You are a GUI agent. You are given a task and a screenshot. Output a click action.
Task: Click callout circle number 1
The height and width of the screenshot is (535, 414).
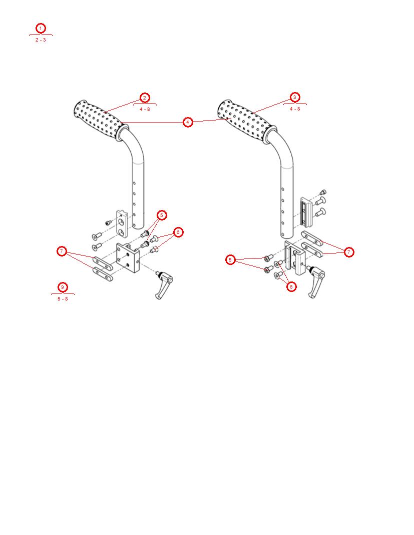[41, 28]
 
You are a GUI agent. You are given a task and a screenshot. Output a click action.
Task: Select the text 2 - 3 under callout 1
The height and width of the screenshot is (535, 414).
[41, 40]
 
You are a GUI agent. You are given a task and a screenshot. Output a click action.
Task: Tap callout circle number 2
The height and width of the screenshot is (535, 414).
[144, 97]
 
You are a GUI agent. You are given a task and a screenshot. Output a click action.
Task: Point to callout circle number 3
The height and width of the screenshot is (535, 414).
[295, 97]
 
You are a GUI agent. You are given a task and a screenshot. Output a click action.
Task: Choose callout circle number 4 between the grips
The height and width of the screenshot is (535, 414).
[187, 122]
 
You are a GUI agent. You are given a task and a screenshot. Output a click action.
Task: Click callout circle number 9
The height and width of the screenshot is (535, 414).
[62, 287]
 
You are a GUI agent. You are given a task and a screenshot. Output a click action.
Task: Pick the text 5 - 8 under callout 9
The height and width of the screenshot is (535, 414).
[63, 299]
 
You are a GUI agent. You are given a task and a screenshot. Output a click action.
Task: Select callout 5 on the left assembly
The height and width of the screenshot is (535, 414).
[161, 215]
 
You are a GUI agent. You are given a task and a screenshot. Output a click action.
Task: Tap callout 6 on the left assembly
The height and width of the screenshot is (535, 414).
[178, 232]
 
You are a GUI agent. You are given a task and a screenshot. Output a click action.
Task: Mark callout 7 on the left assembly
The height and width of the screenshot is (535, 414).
[62, 251]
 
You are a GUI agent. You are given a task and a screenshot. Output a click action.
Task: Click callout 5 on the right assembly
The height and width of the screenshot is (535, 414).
[230, 259]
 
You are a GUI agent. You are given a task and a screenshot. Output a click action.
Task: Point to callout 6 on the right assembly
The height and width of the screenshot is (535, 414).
[291, 286]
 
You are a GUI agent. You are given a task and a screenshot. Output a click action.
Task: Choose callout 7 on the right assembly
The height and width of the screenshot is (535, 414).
[349, 252]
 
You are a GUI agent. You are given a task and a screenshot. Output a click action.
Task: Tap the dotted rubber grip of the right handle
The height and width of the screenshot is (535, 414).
[243, 118]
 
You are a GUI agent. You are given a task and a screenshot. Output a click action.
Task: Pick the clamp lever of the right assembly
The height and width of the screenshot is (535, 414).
[316, 282]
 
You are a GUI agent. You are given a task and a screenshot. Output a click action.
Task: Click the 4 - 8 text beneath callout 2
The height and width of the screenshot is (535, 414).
[145, 109]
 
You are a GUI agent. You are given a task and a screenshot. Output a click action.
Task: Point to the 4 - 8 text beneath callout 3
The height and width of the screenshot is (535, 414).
[295, 108]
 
